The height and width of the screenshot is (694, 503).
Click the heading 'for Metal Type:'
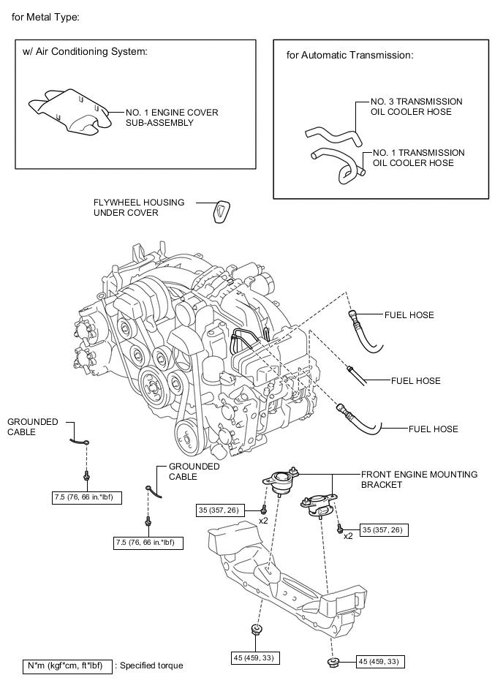tap(45, 16)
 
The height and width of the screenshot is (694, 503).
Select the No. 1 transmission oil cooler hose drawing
tap(337, 165)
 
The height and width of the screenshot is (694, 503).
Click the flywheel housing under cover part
tap(219, 212)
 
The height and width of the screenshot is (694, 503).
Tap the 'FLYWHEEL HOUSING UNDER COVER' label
tap(138, 207)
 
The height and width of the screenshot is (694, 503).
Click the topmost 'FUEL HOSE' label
tap(409, 315)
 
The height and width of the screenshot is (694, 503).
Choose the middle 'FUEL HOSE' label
tap(415, 380)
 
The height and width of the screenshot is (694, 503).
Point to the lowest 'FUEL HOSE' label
tap(434, 429)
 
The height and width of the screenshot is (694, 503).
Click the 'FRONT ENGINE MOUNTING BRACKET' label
tap(419, 479)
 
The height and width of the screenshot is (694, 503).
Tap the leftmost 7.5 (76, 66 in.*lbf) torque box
tap(87, 497)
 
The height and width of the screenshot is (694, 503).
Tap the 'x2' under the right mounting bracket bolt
tap(348, 536)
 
